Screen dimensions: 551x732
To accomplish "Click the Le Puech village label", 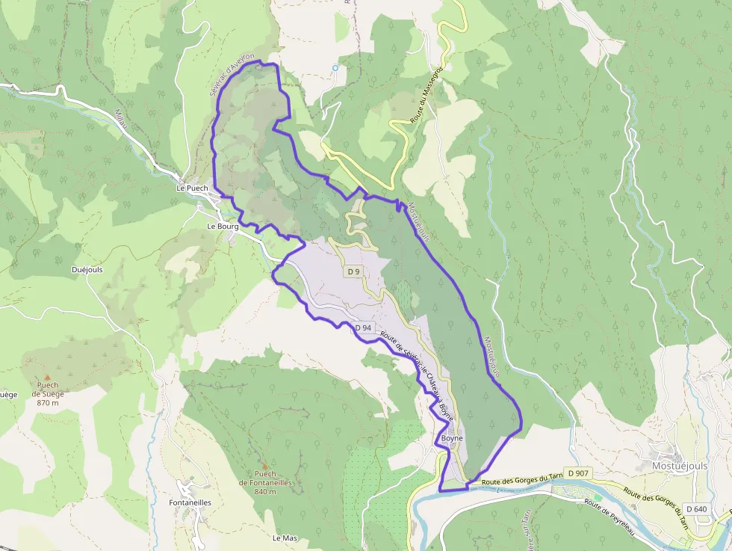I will (x=192, y=188).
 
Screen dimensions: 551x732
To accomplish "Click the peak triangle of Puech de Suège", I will (x=48, y=377).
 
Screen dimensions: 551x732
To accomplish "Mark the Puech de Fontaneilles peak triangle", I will (x=264, y=464).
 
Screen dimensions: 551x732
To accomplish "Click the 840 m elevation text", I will (x=265, y=492).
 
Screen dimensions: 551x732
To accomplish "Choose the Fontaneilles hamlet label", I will (x=190, y=503).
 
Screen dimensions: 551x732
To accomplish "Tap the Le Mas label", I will (x=285, y=538).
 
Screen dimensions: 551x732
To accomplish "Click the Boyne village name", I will (x=452, y=438).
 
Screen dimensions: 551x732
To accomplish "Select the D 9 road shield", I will (x=353, y=271).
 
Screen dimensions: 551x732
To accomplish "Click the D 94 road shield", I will (x=363, y=327).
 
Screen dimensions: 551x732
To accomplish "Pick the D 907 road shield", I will (x=578, y=473).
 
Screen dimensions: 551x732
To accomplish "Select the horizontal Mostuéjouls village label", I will (x=679, y=465).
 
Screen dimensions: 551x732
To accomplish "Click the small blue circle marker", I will (x=335, y=68).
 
